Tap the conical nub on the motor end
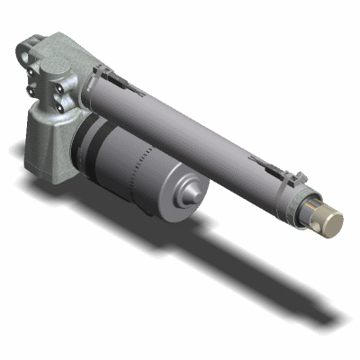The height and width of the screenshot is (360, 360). [191, 193]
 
